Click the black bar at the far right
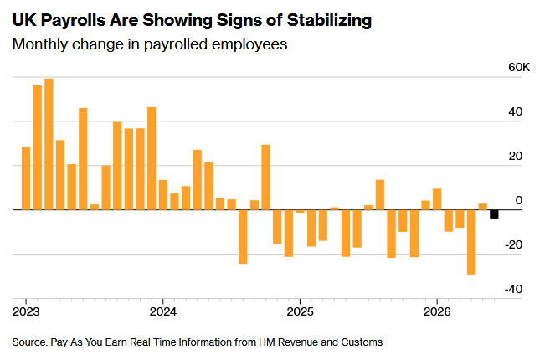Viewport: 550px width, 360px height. [x=494, y=214]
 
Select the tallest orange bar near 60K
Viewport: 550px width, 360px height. [x=49, y=144]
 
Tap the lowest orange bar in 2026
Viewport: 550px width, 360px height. [x=471, y=242]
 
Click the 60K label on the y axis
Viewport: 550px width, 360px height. [x=519, y=67]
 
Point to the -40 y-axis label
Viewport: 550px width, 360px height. [x=513, y=289]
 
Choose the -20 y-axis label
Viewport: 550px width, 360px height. [x=513, y=245]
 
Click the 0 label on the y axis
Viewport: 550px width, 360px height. [x=519, y=200]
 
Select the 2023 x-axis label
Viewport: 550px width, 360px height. [x=26, y=311]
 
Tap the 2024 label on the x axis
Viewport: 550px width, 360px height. [x=163, y=311]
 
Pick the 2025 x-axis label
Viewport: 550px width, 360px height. [x=300, y=311]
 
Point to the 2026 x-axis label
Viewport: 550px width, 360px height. [x=437, y=311]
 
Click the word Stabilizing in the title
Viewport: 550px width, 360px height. [x=329, y=20]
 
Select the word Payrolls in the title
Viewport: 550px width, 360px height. [x=73, y=20]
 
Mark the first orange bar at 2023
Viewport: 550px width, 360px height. [x=26, y=178]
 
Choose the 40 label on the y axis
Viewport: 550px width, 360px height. [x=516, y=111]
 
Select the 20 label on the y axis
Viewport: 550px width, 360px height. [x=516, y=157]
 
